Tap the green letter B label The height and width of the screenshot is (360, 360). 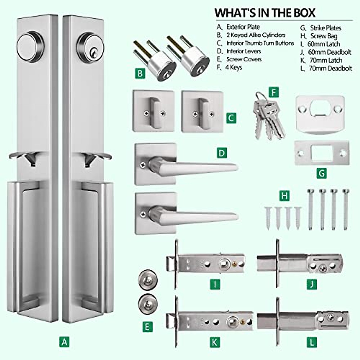point(140,73)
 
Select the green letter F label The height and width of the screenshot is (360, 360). point(274,92)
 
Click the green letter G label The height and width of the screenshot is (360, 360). point(322,173)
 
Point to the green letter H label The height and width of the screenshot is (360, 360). point(284,196)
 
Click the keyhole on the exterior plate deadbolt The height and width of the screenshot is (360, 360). point(92,53)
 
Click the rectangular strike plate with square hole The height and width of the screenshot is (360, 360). point(322,153)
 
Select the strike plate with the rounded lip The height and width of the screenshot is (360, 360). point(320,114)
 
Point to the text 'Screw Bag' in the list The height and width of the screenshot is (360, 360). point(324,36)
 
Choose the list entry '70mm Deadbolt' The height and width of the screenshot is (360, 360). point(330,68)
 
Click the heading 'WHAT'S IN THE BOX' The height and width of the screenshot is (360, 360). point(265,13)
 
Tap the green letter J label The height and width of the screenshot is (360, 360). point(312,284)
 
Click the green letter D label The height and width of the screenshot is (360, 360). point(222,153)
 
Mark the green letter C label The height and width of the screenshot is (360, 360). point(231,118)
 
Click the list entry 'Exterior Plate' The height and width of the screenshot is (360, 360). point(243,27)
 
